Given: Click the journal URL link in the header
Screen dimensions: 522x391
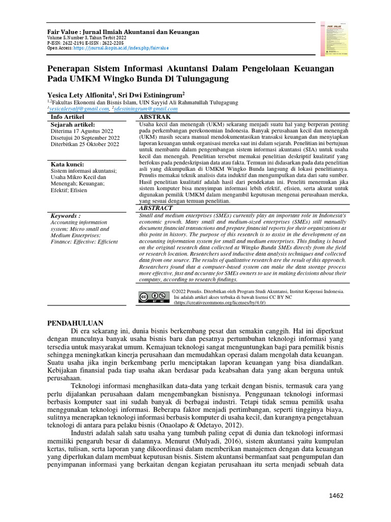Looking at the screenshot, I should [121, 48].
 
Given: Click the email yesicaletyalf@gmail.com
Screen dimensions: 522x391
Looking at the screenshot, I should [78, 109].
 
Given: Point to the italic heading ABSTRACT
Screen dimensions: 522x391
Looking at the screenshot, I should [156, 208].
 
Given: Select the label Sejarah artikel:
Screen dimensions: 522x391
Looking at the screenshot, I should [73, 124].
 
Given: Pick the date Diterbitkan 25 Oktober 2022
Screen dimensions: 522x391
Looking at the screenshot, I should [85, 144].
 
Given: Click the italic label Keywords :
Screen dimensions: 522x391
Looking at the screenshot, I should [66, 216].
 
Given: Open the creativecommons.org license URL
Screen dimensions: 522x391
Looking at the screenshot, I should [220, 302].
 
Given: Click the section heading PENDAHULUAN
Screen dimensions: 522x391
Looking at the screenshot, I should [75, 323].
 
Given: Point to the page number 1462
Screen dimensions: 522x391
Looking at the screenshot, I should [337, 495].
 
